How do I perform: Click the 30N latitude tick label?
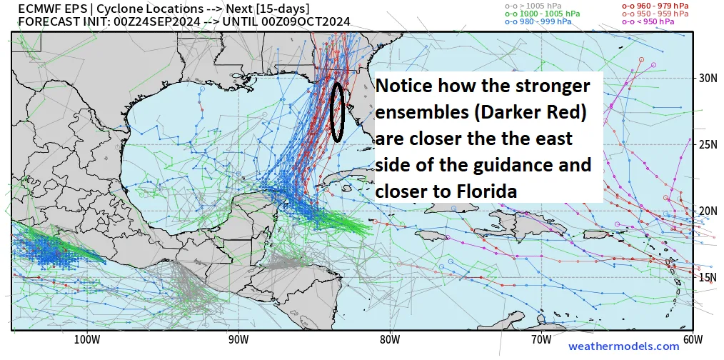(x=708, y=78)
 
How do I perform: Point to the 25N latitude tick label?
(x=708, y=144)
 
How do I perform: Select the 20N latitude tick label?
(x=708, y=211)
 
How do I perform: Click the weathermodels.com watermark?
(x=623, y=347)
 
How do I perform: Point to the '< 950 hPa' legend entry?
(x=645, y=21)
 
